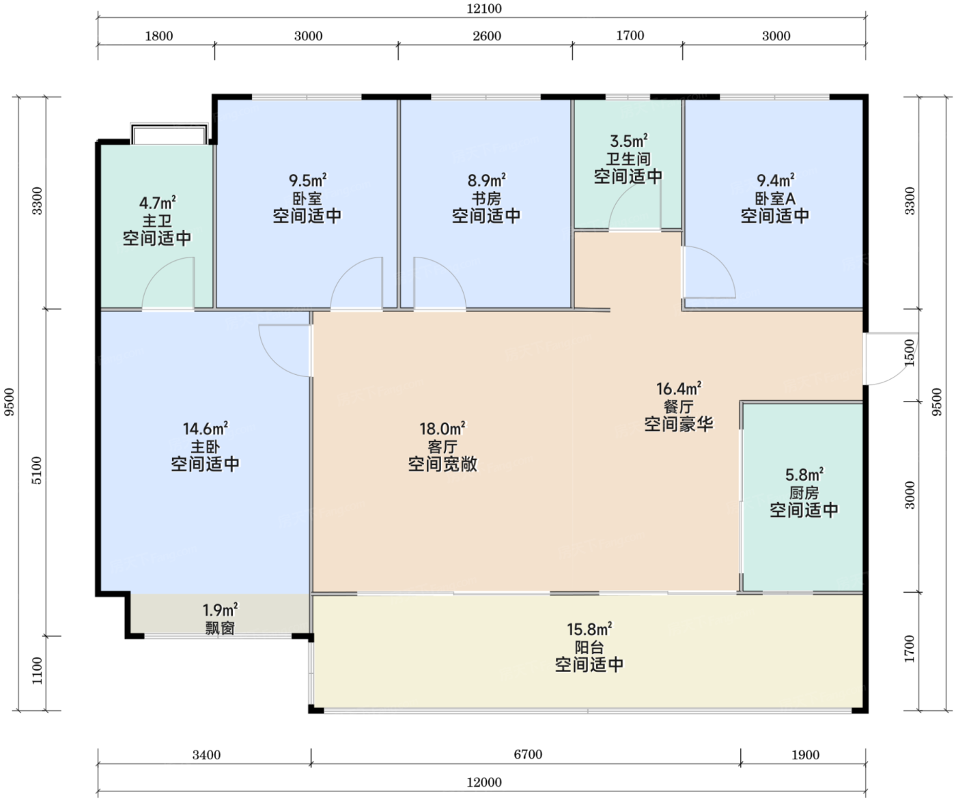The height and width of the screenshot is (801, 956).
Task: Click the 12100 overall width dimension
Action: [484, 9]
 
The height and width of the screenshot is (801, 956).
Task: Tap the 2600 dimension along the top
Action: [487, 36]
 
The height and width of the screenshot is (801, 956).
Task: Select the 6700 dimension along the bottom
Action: [528, 755]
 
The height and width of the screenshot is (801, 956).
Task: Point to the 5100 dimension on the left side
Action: [38, 470]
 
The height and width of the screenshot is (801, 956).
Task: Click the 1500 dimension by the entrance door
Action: [910, 352]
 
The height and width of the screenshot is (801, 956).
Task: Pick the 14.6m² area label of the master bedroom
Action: [206, 428]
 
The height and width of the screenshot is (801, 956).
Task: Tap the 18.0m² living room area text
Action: [442, 428]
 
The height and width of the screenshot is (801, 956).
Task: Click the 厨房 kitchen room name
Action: [804, 493]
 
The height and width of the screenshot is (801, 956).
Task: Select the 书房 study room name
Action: [486, 198]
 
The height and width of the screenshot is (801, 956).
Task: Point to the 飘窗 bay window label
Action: [220, 628]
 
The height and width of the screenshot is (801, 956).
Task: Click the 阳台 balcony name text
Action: [589, 647]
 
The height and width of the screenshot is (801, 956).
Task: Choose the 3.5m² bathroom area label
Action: [628, 140]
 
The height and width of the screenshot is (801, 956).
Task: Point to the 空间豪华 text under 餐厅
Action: [679, 424]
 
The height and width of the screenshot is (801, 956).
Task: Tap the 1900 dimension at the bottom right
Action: [805, 755]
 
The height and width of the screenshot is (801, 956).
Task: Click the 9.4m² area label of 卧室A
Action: [775, 180]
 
